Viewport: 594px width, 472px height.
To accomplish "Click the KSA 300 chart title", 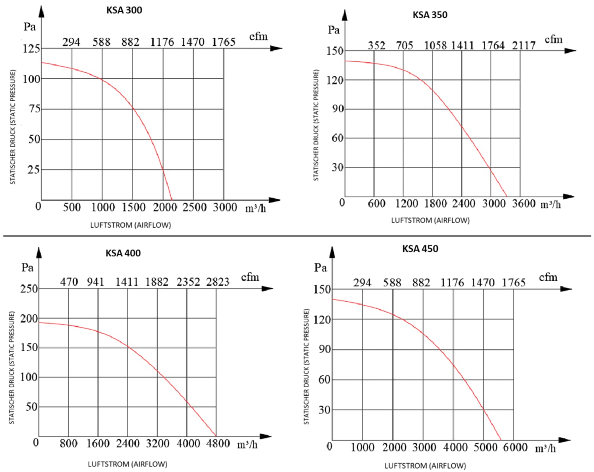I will point(124,10).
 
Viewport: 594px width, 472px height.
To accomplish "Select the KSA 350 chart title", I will point(430,15).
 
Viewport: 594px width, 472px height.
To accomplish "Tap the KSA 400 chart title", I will point(123,253).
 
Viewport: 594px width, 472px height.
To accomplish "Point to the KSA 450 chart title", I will point(420,249).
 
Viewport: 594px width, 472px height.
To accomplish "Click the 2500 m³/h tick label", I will point(194,207).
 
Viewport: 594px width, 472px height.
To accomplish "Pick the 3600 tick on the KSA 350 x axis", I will point(524,203).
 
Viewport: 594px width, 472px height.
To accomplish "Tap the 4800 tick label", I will point(218,444).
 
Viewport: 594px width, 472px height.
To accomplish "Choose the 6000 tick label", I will point(515,447).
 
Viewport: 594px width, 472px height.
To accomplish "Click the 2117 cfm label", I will point(524,46).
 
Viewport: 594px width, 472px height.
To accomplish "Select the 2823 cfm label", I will point(218,282).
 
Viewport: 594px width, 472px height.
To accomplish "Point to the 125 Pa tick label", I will point(31,48).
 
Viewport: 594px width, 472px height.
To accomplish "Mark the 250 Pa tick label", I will point(29,289).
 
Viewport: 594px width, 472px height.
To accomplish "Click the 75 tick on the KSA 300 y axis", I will point(35,109).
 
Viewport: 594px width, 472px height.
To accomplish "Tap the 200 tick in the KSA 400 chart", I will point(29,318).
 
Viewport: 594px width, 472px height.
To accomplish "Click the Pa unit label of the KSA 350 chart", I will point(334,30).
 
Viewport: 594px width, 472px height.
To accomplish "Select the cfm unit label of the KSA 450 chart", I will point(548,277).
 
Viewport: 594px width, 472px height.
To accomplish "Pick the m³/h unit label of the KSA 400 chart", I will point(247,445).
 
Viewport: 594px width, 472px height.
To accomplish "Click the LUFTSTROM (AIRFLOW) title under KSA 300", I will point(131,225).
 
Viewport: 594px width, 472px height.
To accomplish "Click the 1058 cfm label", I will point(435,46).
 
